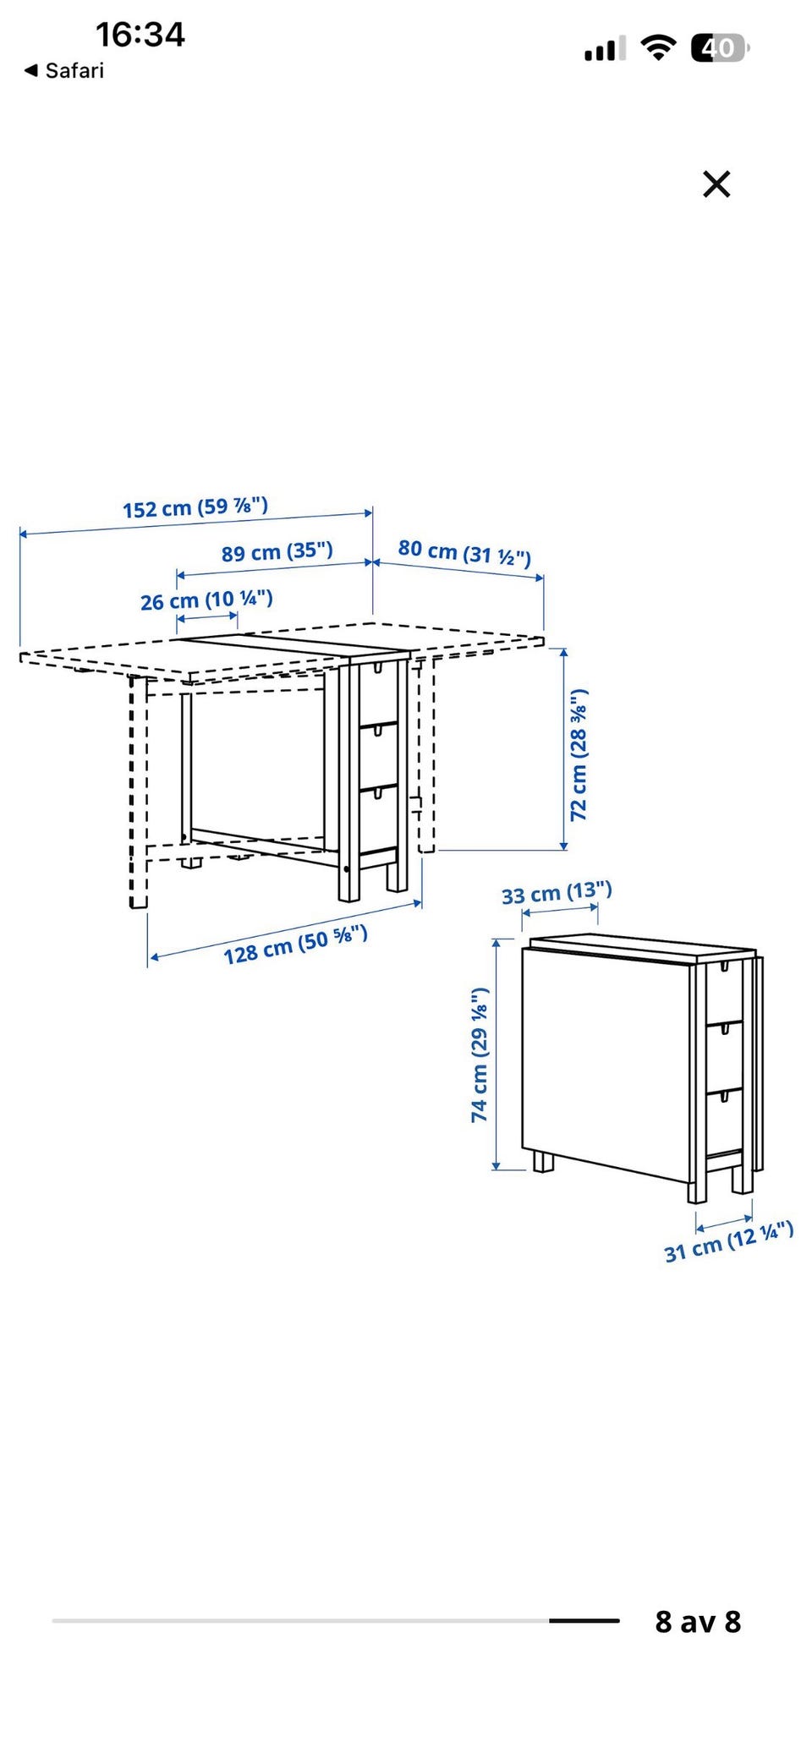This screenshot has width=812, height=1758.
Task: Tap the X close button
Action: (x=716, y=183)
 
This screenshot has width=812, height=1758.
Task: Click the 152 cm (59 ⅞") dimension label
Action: (x=195, y=507)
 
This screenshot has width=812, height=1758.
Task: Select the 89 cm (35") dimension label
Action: (x=277, y=552)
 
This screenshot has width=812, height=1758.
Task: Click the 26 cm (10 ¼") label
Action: (x=206, y=600)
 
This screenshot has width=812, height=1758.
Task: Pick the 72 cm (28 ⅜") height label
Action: (x=579, y=754)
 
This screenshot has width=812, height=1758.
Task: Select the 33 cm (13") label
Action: (x=557, y=892)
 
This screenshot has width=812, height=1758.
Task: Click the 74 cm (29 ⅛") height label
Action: (x=480, y=1054)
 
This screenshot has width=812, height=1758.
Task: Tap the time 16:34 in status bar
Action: (x=140, y=35)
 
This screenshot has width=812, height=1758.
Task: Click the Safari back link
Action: (x=64, y=70)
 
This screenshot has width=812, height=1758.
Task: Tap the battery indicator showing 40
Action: (x=720, y=48)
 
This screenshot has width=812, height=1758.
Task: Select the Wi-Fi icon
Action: (x=657, y=48)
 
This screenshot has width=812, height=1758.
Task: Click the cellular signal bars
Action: (x=605, y=49)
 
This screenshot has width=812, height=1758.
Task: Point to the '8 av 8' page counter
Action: (x=698, y=1621)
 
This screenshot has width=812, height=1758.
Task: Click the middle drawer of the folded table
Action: (x=725, y=1054)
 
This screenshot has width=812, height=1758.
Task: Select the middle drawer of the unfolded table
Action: (x=379, y=755)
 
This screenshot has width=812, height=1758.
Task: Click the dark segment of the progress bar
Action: (x=584, y=1620)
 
